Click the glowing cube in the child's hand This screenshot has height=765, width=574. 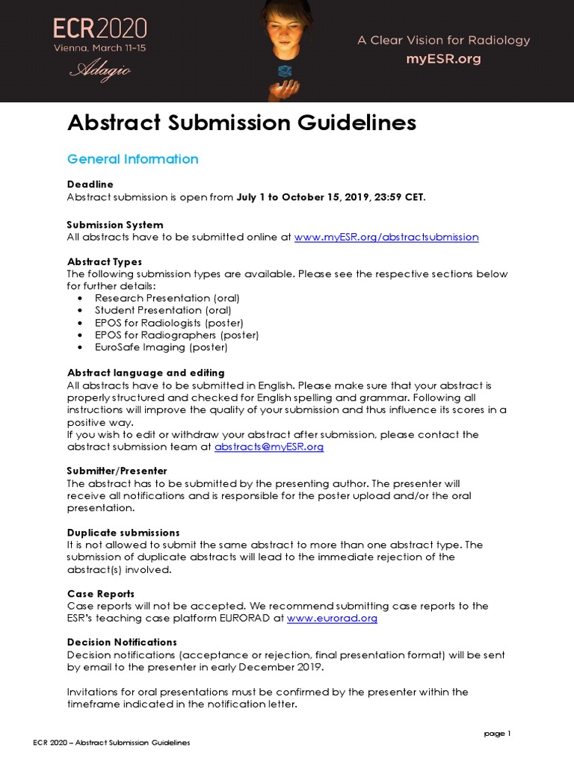pyautogui.click(x=285, y=72)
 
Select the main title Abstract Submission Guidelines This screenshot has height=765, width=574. pyautogui.click(x=241, y=123)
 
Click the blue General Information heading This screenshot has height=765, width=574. pyautogui.click(x=132, y=159)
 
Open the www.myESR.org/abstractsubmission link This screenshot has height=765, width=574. pyautogui.click(x=386, y=237)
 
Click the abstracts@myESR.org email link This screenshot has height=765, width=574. pyautogui.click(x=268, y=447)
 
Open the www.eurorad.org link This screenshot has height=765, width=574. pyautogui.click(x=332, y=618)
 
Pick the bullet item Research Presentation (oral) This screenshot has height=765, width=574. pyautogui.click(x=167, y=297)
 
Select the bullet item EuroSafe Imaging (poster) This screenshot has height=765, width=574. pyautogui.click(x=161, y=347)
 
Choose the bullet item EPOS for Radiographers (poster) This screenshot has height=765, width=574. pyautogui.click(x=176, y=335)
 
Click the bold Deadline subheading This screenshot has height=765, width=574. pyautogui.click(x=90, y=184)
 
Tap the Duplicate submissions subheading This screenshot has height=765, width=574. pyautogui.click(x=123, y=533)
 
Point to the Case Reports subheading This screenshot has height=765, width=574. pyautogui.click(x=101, y=593)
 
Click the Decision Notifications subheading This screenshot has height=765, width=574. pyautogui.click(x=122, y=642)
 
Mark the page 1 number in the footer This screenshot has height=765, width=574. pyautogui.click(x=497, y=734)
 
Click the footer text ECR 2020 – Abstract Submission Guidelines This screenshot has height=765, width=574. pyautogui.click(x=111, y=743)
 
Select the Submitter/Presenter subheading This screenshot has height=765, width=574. pyautogui.click(x=117, y=471)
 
